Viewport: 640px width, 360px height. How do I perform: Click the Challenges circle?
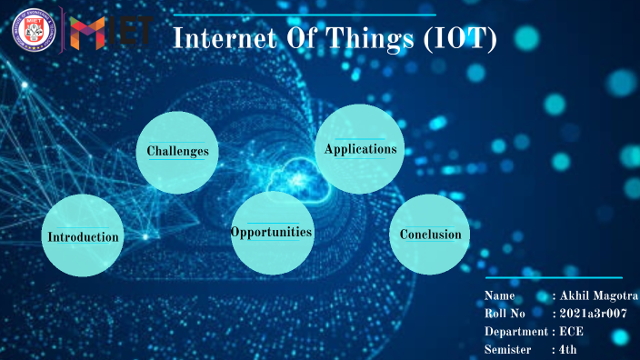click(x=178, y=152)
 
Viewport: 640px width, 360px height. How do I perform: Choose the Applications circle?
click(x=360, y=149)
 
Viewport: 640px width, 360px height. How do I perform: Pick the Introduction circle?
click(x=83, y=236)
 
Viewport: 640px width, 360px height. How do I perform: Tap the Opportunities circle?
click(x=271, y=233)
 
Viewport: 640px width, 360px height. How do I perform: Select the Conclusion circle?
click(x=430, y=235)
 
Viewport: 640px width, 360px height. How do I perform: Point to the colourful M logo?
click(x=88, y=33)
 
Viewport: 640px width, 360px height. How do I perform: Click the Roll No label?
click(x=505, y=314)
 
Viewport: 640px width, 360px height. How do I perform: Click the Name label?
click(x=500, y=296)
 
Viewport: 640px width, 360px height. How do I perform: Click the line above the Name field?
click(x=555, y=278)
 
